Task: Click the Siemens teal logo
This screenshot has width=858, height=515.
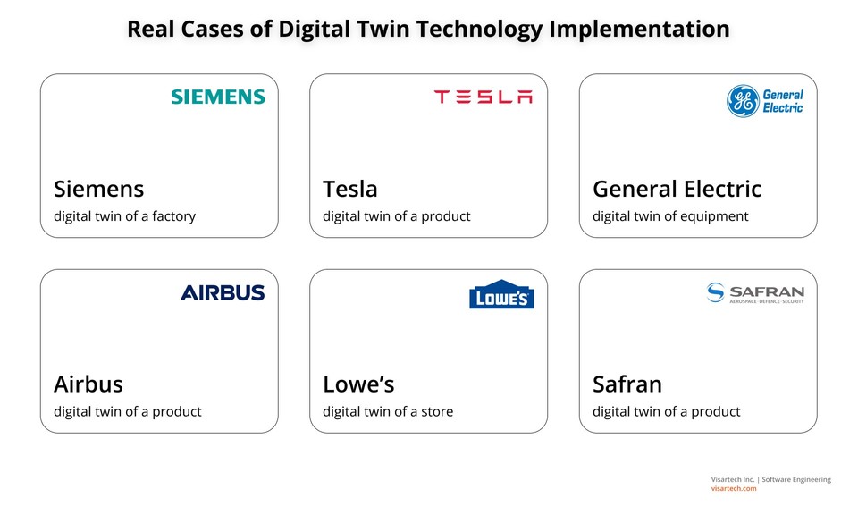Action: pos(218,97)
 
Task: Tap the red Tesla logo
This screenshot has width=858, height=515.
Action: pos(483,97)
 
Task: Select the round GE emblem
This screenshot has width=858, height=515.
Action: pos(742,101)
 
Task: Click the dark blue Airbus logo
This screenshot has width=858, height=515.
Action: pos(223,292)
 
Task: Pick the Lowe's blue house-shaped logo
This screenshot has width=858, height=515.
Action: pos(501,296)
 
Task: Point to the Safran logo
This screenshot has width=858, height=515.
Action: pos(755,293)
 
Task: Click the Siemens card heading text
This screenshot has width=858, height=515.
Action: pos(98,189)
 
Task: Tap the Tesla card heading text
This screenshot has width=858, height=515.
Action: pos(349,189)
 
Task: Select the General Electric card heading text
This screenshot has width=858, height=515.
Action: pos(677,189)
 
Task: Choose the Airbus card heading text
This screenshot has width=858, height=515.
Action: pos(88,384)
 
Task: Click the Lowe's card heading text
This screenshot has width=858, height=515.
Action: pos(358,384)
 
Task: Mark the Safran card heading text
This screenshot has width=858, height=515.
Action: pos(627,384)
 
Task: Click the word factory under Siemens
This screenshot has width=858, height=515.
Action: pos(173,216)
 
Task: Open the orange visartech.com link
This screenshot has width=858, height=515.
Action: pos(734,488)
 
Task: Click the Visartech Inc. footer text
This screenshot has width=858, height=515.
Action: pos(732,479)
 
